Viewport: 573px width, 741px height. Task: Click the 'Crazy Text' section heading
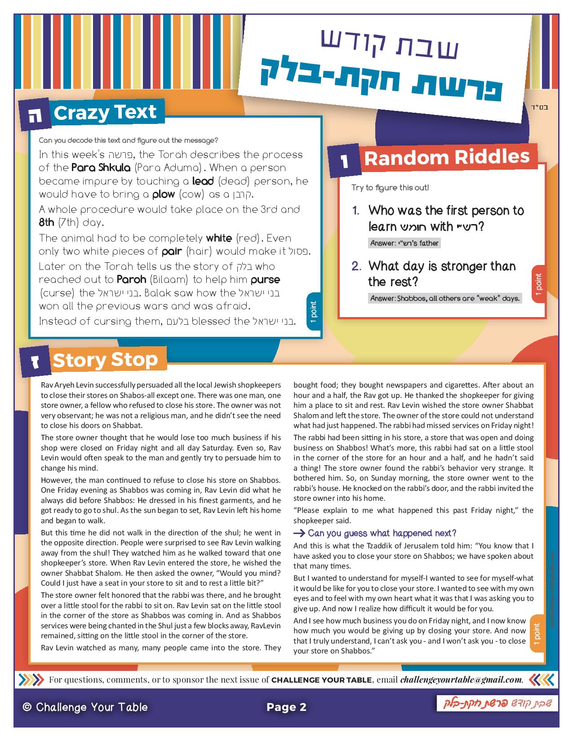tap(105, 112)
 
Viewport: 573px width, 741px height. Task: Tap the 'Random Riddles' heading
tap(447, 158)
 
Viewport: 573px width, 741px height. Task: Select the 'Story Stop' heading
tap(105, 360)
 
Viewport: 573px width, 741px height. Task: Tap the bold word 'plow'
tap(163, 194)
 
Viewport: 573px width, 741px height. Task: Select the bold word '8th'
tap(46, 222)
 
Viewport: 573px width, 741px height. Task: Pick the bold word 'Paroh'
tap(131, 279)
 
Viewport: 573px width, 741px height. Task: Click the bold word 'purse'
tap(265, 279)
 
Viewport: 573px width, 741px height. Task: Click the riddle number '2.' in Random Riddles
tap(356, 266)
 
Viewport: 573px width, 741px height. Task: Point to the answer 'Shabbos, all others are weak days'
tap(444, 298)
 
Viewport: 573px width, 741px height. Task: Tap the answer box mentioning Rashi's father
tap(404, 243)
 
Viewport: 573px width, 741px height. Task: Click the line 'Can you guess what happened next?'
tap(381, 533)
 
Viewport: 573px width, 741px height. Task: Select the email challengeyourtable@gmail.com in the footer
tap(461, 679)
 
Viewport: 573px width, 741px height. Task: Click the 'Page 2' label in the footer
tap(286, 707)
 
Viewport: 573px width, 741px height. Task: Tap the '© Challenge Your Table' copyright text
tap(85, 707)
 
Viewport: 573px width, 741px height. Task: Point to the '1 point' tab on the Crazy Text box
tap(314, 312)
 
